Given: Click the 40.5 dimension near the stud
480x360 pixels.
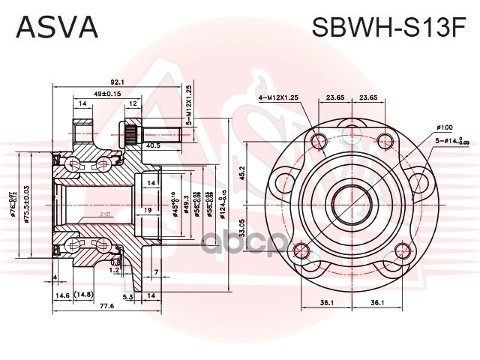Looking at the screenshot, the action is (x=154, y=146).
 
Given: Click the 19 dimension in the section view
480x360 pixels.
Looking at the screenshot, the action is (x=149, y=209).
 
